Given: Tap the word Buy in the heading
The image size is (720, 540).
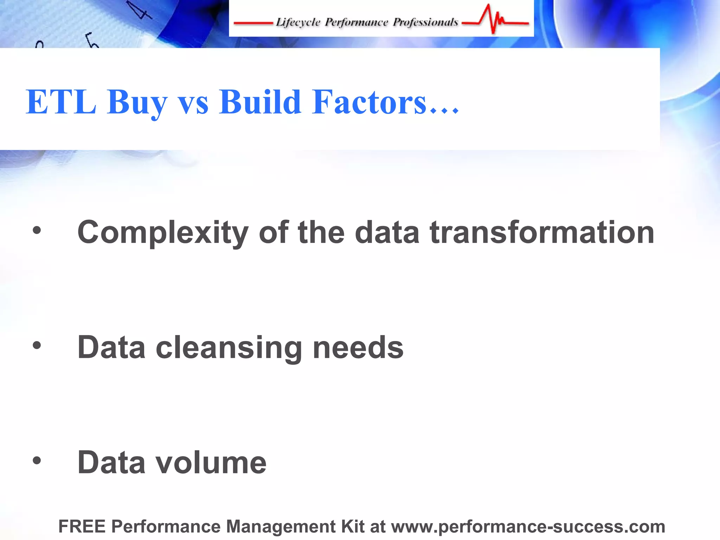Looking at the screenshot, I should (137, 104).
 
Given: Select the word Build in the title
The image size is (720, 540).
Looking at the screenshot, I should (260, 102).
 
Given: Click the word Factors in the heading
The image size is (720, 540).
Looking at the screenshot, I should (369, 102).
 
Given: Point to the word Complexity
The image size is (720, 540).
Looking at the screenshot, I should (163, 233).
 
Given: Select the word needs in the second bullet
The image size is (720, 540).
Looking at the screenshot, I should (358, 348).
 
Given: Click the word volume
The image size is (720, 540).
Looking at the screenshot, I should (211, 463).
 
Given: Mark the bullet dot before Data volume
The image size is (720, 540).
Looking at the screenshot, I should (37, 461).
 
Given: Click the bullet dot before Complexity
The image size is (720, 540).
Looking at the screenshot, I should (37, 231).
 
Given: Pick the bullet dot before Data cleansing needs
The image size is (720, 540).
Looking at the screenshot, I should (37, 346).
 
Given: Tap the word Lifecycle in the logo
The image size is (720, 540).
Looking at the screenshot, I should (298, 22).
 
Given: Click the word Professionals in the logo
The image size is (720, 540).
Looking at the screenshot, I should (425, 22).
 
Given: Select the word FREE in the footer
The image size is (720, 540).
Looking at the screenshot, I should (82, 527).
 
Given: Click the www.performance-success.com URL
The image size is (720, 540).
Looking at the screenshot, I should (528, 527).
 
